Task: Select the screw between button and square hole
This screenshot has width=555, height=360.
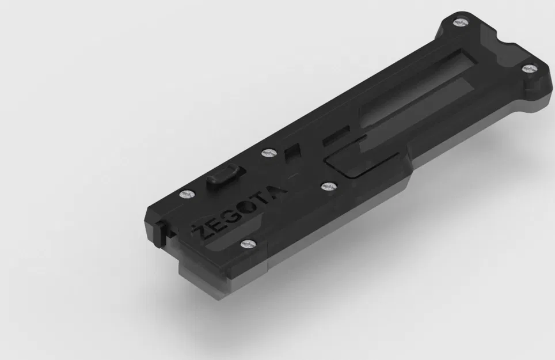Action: point(266,153)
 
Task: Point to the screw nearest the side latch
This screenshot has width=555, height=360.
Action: point(184,195)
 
